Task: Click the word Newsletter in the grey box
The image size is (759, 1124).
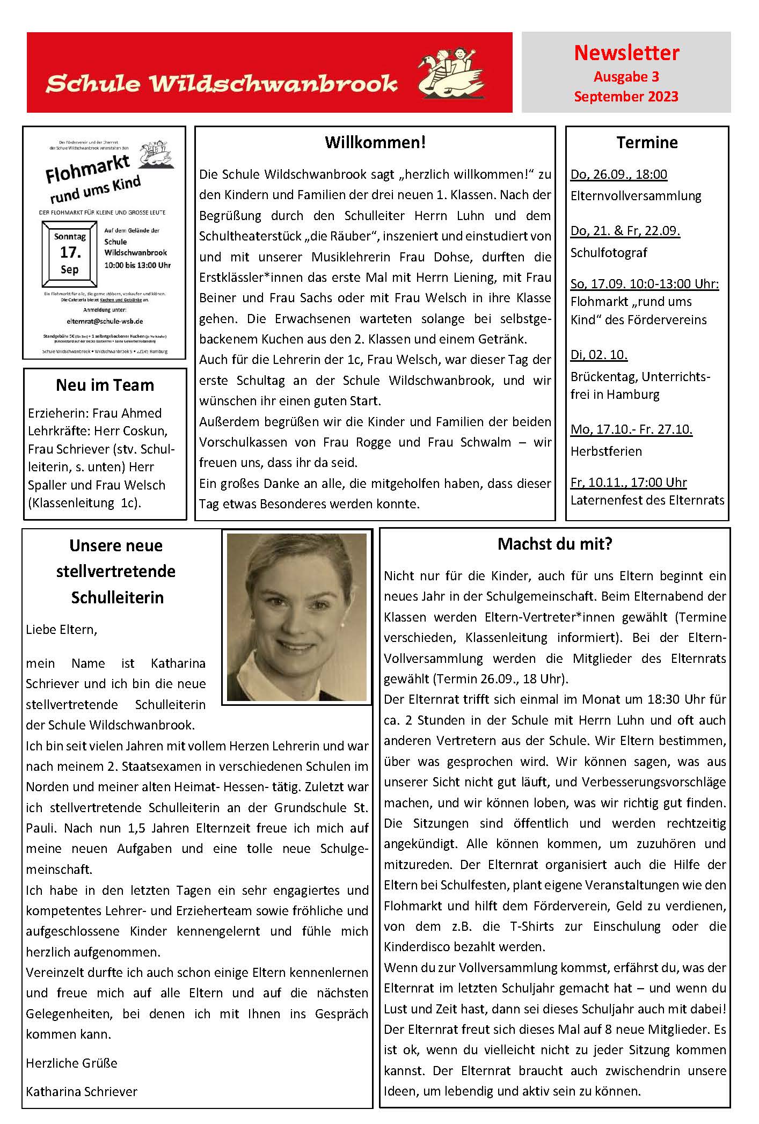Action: click(626, 53)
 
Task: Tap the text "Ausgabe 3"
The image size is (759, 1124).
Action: click(626, 77)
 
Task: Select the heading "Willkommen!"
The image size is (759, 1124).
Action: click(375, 143)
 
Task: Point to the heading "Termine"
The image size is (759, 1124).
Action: click(647, 143)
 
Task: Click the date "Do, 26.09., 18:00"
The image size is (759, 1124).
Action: click(618, 174)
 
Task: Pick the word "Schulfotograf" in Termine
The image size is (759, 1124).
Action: click(609, 253)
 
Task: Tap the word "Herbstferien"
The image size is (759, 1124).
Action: click(606, 451)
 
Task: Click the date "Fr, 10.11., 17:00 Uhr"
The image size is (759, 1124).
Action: click(628, 483)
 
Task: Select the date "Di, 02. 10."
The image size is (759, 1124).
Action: click(599, 355)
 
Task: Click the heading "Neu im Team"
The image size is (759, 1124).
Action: click(105, 385)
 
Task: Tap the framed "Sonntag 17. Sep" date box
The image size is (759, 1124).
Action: click(70, 253)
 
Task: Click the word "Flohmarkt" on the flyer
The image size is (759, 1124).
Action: click(87, 169)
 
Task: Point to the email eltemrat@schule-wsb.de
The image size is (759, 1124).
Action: click(105, 322)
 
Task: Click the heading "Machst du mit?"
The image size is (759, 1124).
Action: click(554, 544)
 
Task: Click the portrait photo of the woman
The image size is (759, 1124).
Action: click(296, 617)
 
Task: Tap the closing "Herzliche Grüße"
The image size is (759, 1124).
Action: click(71, 1063)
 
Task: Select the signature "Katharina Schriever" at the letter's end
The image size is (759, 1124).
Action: click(82, 1091)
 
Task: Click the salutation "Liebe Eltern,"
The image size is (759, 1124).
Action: click(62, 630)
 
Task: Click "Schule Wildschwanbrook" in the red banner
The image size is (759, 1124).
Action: click(221, 84)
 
